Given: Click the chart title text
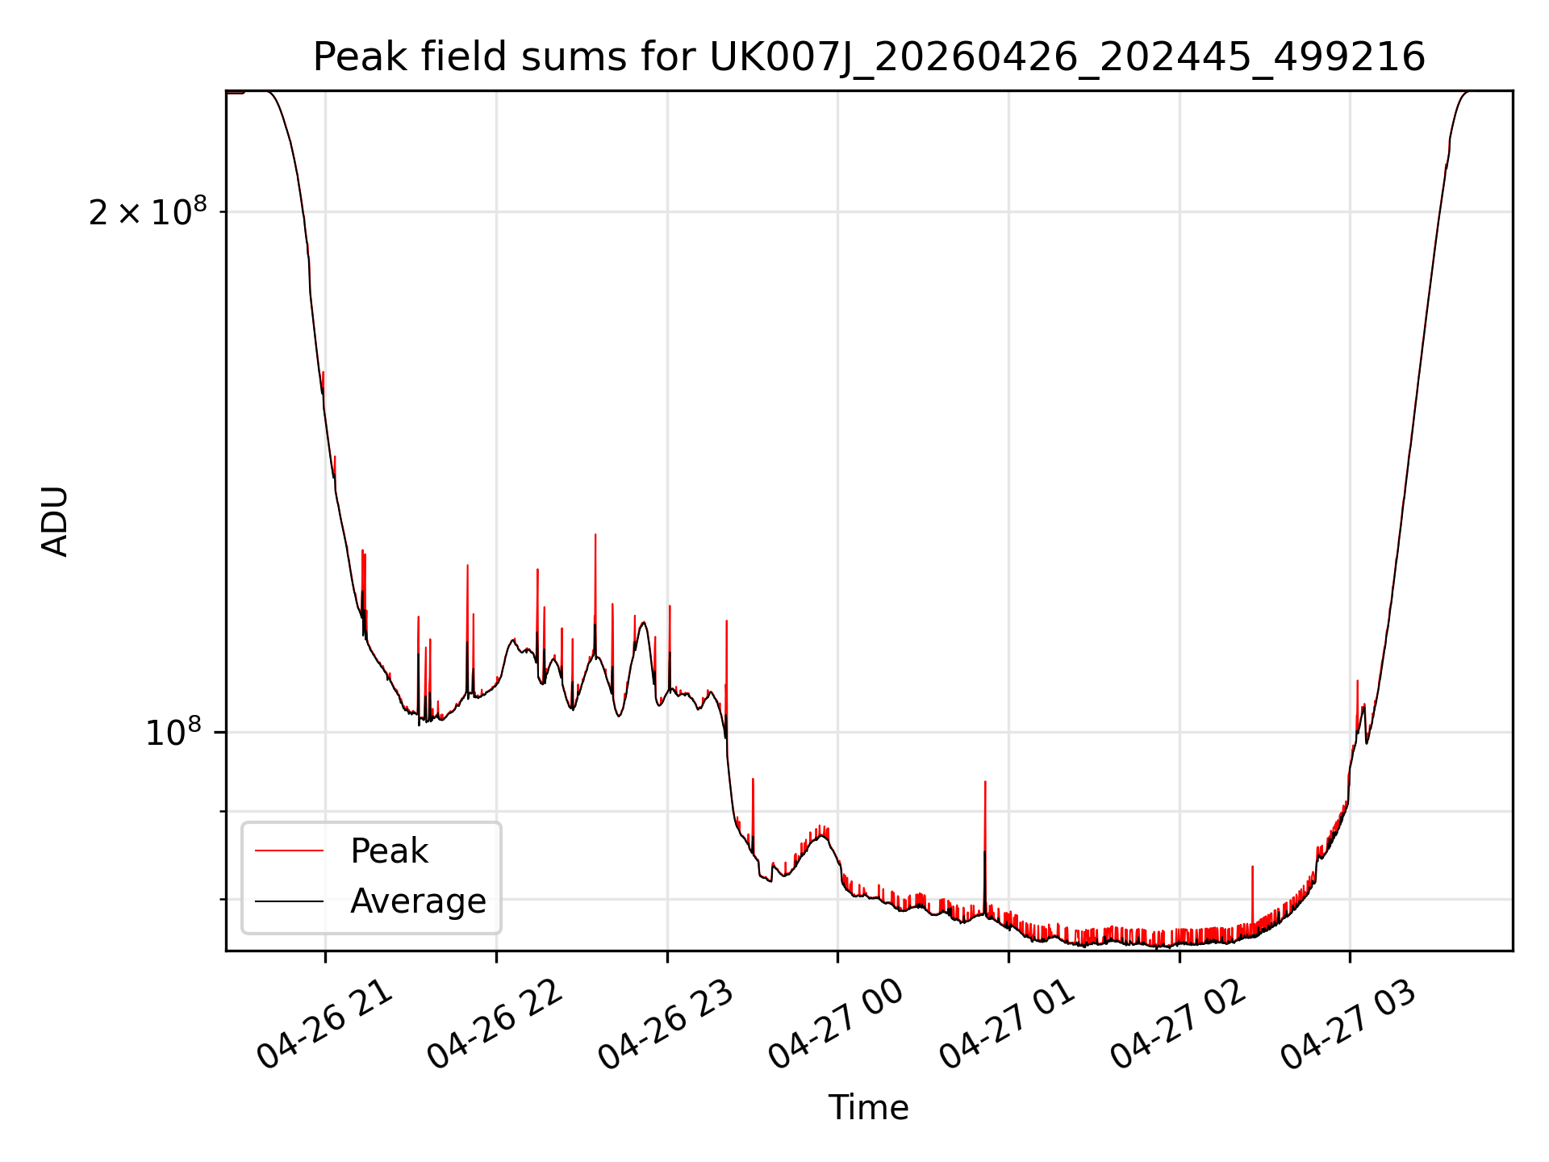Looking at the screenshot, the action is click(869, 57).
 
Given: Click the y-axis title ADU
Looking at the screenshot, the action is click(55, 520).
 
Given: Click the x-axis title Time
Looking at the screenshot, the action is click(868, 1108).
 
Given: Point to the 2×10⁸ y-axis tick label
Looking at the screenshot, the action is click(148, 212).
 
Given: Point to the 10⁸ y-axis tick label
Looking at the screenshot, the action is click(173, 733).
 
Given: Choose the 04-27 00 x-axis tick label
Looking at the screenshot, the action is click(837, 1026).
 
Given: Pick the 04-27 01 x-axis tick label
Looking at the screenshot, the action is click(1008, 1026).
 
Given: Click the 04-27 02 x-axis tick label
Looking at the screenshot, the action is click(1179, 1026).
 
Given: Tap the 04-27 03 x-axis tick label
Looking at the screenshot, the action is click(1349, 1026).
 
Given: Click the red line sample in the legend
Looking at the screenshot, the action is click(289, 851).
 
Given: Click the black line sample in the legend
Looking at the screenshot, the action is click(289, 901).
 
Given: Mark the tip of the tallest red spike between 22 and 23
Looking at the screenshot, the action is click(595, 534).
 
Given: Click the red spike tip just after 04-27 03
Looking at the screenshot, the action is click(1358, 681).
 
